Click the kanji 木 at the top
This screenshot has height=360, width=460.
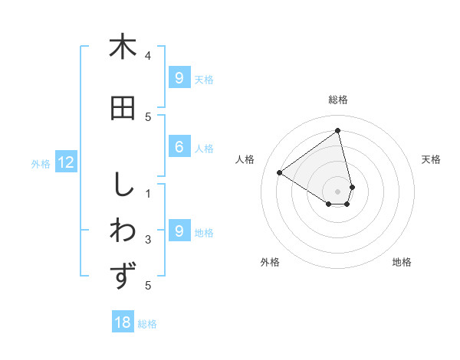[x=123, y=47]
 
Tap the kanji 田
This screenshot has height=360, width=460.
[x=123, y=109]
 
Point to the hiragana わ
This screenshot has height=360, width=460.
[x=123, y=231]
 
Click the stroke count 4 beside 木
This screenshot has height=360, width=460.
[x=148, y=55]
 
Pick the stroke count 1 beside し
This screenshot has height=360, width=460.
[x=148, y=193]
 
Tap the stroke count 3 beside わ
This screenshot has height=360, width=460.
[x=148, y=240]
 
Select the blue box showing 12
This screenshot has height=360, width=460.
[x=66, y=162]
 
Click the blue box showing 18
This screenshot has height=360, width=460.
[x=123, y=322]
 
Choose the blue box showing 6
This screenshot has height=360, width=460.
[x=179, y=147]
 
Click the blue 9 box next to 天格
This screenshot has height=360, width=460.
[x=179, y=77]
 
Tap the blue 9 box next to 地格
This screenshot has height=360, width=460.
[x=179, y=231]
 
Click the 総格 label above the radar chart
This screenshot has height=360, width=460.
[x=338, y=100]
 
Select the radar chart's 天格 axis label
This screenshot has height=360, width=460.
[x=431, y=159]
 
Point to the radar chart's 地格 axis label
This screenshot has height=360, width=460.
[x=402, y=262]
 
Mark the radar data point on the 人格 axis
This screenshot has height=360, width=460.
[x=280, y=172]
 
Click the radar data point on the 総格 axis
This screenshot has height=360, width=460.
[x=338, y=130]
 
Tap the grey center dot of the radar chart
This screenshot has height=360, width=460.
[x=338, y=190]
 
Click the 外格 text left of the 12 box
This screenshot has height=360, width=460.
[x=41, y=163]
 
